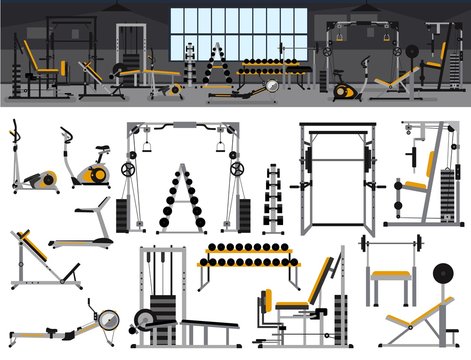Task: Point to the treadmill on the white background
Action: point(88,226)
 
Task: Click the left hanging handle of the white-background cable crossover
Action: point(147,146)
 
